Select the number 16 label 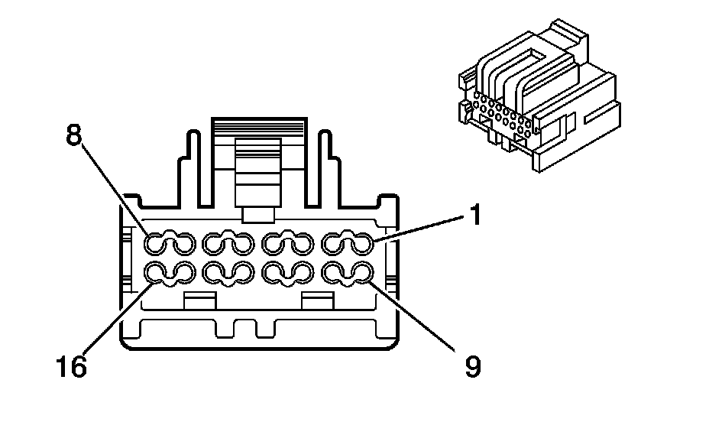tap(71, 368)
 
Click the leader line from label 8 tap(115, 191)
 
